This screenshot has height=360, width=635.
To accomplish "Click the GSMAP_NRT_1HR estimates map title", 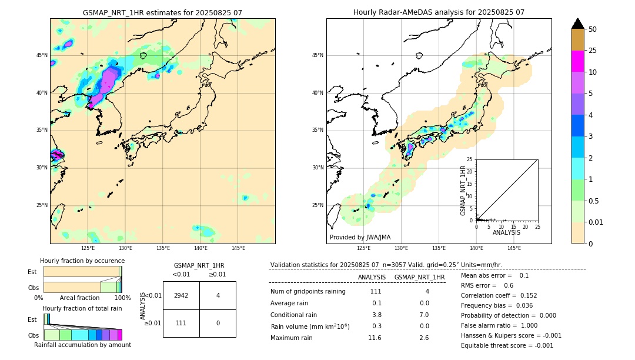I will (162, 12).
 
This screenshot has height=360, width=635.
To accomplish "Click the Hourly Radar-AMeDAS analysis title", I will (439, 12).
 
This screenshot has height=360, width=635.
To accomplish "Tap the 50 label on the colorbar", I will (593, 29).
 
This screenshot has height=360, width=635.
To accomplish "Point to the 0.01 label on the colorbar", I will (596, 222).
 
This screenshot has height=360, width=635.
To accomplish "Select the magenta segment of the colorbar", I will (577, 61).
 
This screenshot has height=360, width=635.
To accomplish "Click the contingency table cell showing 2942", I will (181, 295).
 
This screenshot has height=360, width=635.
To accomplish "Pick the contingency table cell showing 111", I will (181, 324).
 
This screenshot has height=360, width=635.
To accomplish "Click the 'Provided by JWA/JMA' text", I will (360, 237).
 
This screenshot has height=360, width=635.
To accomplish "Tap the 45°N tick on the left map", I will (42, 55).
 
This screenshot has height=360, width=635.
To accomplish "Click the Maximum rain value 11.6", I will (375, 338).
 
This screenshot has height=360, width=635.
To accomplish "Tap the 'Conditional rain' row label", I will (293, 315).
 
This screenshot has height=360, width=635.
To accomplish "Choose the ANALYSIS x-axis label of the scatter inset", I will (506, 232).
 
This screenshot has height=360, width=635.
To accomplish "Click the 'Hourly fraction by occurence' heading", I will (82, 261).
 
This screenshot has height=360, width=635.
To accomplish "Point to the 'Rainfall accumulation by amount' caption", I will (82, 345).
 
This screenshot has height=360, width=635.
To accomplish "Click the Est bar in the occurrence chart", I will (82, 271).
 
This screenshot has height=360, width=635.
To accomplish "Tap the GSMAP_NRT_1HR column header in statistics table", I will (419, 277).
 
